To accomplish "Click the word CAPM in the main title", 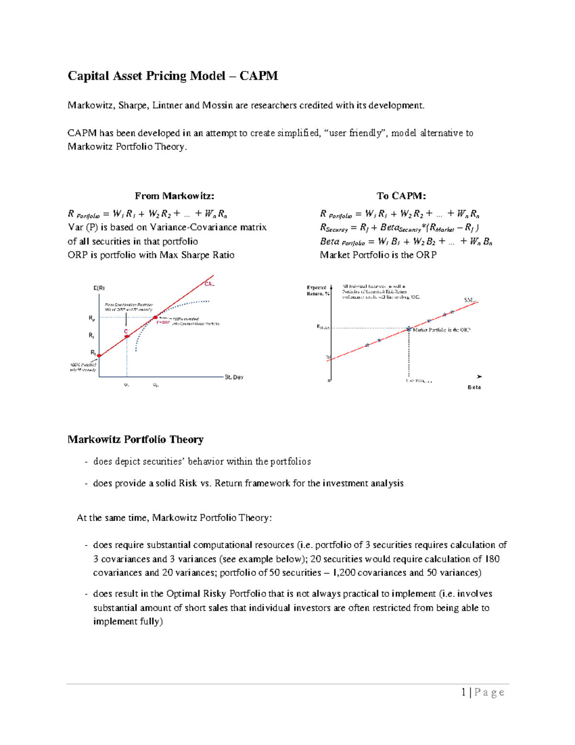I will tap(258, 76).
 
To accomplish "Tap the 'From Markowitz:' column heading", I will tap(174, 196).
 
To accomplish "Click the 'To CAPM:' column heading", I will tap(401, 196).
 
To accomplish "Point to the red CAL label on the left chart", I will tap(209, 284).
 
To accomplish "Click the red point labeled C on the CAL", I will tap(127, 336).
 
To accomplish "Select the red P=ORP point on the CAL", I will tap(155, 317).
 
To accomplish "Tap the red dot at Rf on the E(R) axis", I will tap(99, 356).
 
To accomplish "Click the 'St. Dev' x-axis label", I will tap(234, 378).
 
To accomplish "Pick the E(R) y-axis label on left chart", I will tap(99, 288).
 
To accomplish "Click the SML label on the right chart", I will tap(470, 300).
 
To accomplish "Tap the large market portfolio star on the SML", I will tap(409, 329).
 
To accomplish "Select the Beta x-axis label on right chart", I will tap(474, 387).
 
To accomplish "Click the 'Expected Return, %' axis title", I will tap(317, 291).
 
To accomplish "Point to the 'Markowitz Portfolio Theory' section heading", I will tap(136, 439).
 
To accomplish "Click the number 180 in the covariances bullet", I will tap(492, 559).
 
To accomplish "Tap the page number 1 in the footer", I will tap(463, 692).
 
